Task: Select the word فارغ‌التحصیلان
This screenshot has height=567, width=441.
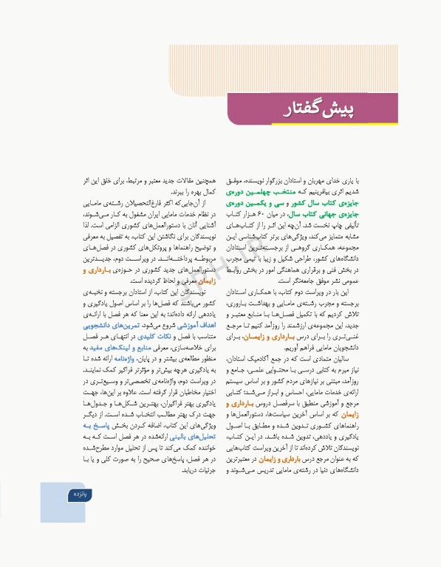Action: point(148,203)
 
